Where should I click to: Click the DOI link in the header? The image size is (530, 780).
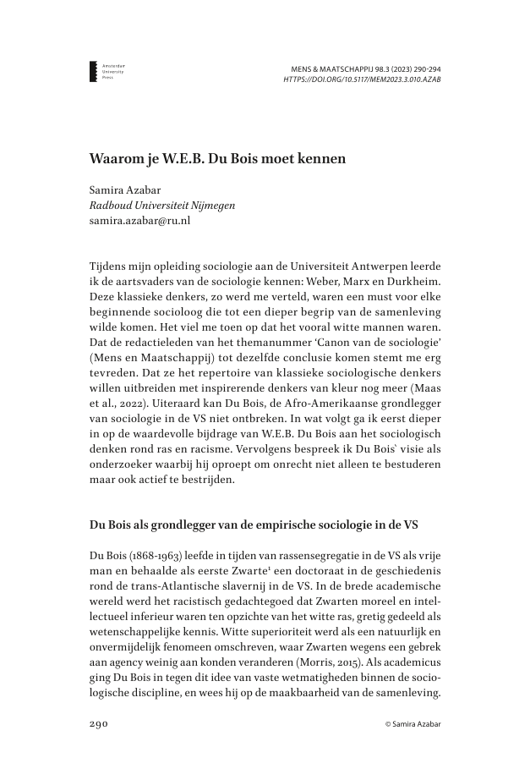click(x=362, y=80)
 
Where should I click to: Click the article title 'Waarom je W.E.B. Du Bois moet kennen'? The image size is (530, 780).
click(x=218, y=158)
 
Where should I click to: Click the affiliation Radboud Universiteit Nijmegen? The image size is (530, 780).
click(x=162, y=206)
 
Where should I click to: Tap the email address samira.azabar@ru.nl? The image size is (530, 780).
click(x=139, y=221)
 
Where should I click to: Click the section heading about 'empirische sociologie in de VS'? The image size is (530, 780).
click(x=254, y=524)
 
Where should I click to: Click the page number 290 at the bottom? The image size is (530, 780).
click(x=101, y=725)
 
